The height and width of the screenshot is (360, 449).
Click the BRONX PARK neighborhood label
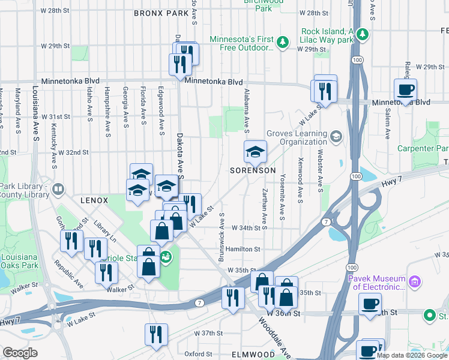[160, 13]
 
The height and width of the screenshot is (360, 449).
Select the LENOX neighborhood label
[94, 200]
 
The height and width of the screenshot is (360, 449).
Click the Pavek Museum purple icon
[414, 281]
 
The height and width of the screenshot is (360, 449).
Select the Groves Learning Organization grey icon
[336, 137]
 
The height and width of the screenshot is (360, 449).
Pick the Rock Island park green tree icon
[363, 34]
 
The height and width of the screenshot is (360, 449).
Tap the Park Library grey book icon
[58, 190]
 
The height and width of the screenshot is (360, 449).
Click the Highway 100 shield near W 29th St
[358, 60]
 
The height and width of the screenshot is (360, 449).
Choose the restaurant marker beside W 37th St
[156, 334]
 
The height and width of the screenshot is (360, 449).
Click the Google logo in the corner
[20, 353]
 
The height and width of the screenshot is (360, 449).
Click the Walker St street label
[118, 289]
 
